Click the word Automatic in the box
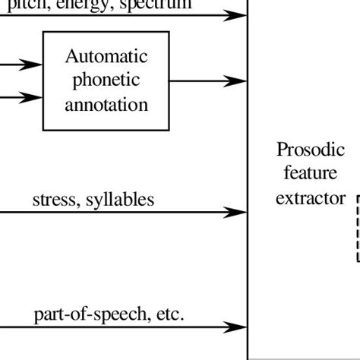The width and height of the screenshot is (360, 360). click(x=106, y=56)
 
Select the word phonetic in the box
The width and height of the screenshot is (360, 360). click(x=106, y=80)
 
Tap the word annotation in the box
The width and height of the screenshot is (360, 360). click(x=106, y=104)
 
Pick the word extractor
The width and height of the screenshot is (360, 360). click(x=305, y=198)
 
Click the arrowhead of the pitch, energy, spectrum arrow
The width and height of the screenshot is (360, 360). click(x=237, y=15)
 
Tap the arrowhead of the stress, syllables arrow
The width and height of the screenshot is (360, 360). click(x=237, y=213)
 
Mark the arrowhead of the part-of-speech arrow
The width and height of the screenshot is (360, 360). click(x=237, y=327)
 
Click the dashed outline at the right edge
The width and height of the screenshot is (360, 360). click(x=358, y=228)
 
